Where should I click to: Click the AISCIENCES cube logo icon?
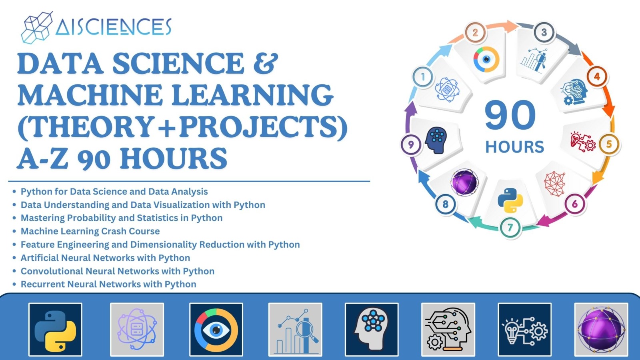pos(36,27)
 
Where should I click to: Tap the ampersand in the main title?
pos(265,63)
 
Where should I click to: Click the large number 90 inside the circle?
pos(510,115)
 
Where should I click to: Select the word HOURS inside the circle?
pos(514,147)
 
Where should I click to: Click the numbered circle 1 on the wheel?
pos(423,77)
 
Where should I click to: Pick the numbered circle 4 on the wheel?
pos(597,76)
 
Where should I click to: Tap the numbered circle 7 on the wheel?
pos(510,228)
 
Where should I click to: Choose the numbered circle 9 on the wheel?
pos(411,144)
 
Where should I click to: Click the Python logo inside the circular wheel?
pos(510,200)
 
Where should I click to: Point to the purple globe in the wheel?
pos(464,182)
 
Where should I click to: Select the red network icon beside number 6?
pos(555,184)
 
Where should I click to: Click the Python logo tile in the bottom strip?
pos(55,330)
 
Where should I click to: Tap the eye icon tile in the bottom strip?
pos(216,330)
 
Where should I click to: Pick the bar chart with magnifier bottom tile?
pos(295,330)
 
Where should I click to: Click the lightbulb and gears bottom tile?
pos(524,330)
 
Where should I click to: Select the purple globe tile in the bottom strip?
pos(601,330)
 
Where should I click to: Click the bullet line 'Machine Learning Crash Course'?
pos(90,231)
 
